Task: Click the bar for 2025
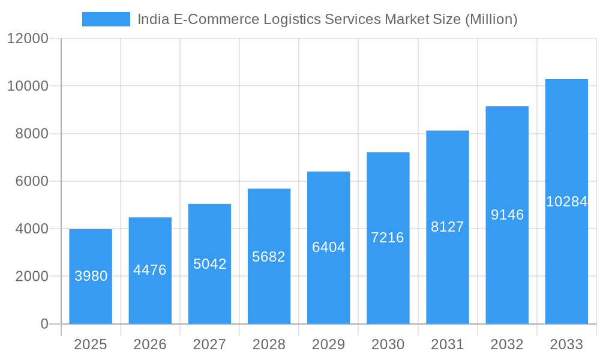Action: click(x=91, y=277)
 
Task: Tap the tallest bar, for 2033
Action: click(x=566, y=202)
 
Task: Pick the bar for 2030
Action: click(x=388, y=238)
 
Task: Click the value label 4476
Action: click(x=150, y=270)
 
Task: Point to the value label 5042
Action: click(x=209, y=264)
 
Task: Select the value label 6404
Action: click(x=328, y=247)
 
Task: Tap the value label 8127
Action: click(x=448, y=227)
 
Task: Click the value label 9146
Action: click(x=507, y=215)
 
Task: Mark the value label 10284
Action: click(x=566, y=202)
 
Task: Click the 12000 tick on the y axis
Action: click(x=28, y=38)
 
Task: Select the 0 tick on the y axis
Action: click(x=44, y=324)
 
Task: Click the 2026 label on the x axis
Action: click(x=150, y=344)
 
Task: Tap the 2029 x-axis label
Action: click(x=328, y=344)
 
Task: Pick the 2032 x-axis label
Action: click(x=507, y=344)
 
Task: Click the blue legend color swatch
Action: click(x=106, y=19)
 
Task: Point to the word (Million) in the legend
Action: click(x=491, y=19)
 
